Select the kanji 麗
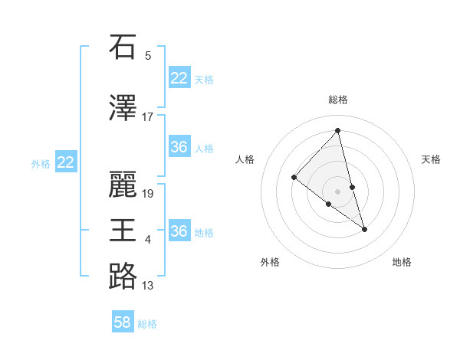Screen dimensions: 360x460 tap(122, 184)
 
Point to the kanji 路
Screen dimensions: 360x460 tap(122, 276)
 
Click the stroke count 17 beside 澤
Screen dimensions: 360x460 tap(148, 117)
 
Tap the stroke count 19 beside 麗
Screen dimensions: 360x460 tap(148, 193)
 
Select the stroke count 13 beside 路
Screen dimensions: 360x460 tap(148, 286)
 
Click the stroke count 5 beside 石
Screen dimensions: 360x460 tap(148, 55)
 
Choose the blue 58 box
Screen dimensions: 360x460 tap(123, 322)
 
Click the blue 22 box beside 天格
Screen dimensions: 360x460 tap(179, 78)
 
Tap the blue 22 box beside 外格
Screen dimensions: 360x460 tap(66, 162)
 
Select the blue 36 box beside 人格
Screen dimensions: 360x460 tap(179, 147)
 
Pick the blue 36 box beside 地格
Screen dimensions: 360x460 tap(179, 231)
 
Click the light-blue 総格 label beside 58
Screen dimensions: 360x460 tap(147, 324)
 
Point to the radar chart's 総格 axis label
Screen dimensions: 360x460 tap(337, 100)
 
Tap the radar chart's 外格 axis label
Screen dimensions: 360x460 tap(270, 262)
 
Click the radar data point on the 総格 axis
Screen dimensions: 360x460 tap(337, 131)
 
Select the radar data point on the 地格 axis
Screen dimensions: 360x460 tap(364, 229)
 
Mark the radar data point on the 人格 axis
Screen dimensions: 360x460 tap(294, 178)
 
